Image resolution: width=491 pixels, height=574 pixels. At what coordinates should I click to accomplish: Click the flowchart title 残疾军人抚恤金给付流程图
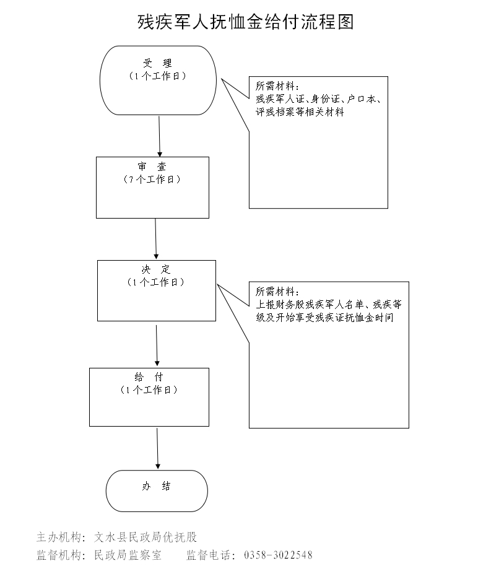pyautogui.click(x=245, y=22)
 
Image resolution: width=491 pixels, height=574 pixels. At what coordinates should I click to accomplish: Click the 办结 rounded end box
pyautogui.click(x=157, y=490)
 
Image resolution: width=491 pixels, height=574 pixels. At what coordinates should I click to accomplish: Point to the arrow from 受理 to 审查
pyautogui.click(x=160, y=136)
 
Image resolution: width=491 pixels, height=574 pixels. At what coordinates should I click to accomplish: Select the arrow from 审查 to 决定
pyautogui.click(x=155, y=239)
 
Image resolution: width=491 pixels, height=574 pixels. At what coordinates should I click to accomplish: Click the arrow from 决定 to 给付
pyautogui.click(x=157, y=345)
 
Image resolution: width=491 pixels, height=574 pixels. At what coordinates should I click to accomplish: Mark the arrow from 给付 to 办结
pyautogui.click(x=158, y=448)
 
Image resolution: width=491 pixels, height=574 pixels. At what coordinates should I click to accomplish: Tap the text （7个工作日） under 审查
pyautogui.click(x=152, y=180)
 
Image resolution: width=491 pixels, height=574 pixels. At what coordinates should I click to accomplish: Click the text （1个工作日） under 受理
pyautogui.click(x=158, y=76)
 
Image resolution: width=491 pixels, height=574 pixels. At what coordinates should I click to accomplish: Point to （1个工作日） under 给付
pyautogui.click(x=149, y=390)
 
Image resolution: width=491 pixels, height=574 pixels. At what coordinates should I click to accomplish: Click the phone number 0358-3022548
pyautogui.click(x=279, y=555)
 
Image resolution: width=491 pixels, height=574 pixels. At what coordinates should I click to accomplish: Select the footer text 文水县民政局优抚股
pyautogui.click(x=146, y=537)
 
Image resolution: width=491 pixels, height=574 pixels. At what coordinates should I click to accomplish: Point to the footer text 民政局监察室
pyautogui.click(x=128, y=555)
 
